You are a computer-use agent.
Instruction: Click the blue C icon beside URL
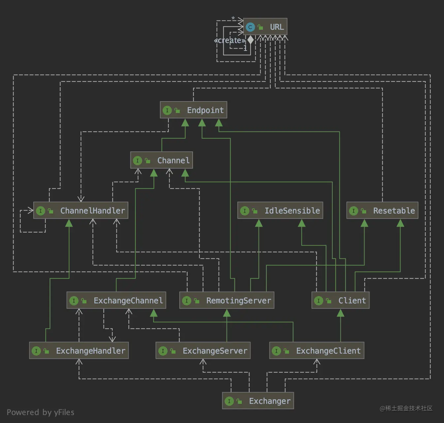click(x=250, y=27)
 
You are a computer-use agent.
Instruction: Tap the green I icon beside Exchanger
click(x=229, y=401)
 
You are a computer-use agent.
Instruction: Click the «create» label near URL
click(x=230, y=41)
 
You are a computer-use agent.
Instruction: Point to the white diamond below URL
click(x=251, y=40)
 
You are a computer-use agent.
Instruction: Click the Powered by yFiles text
click(x=41, y=412)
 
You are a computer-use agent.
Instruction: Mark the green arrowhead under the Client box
click(x=340, y=313)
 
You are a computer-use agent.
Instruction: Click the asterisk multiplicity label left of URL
click(x=233, y=19)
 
